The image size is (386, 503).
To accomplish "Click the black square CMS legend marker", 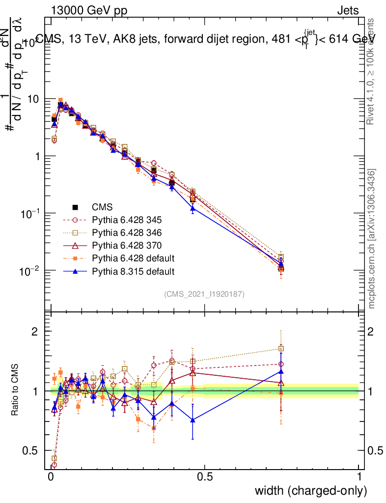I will [x=75, y=207].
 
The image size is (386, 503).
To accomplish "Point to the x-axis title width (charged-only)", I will [x=310, y=491].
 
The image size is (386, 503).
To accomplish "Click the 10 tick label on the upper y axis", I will [x=33, y=99].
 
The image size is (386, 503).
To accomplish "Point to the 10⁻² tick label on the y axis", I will [x=29, y=271].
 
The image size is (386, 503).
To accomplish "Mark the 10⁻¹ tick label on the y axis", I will [x=29, y=214].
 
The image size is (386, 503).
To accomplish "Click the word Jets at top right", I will [x=348, y=10].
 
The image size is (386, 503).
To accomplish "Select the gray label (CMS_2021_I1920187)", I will [x=204, y=294].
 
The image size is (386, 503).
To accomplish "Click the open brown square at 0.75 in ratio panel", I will [x=281, y=349].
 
